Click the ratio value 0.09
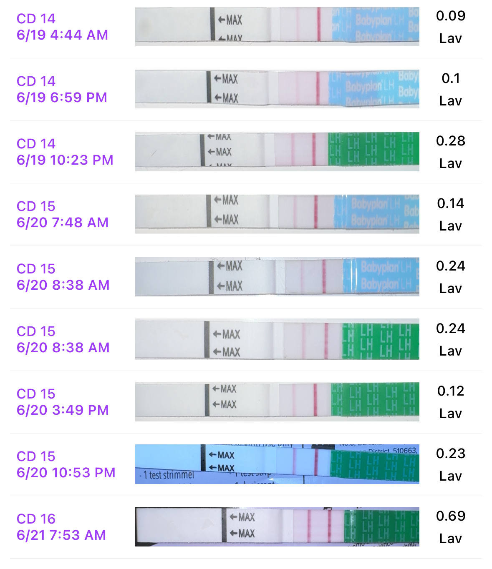point(450,16)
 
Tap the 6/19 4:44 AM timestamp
point(62,35)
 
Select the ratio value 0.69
point(450,516)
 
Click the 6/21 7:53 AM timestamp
point(61,535)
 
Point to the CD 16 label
point(36,519)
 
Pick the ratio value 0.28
point(450,141)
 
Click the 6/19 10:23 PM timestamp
point(65,160)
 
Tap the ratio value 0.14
point(450,203)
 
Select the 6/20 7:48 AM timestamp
point(62,223)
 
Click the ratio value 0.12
point(450,391)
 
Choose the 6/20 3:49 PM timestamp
point(63,410)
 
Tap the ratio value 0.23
point(450,454)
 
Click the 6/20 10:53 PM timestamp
point(66,473)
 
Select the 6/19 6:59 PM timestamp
point(62,98)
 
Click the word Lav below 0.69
point(450,539)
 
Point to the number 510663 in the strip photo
point(404,451)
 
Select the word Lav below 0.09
point(450,38)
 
